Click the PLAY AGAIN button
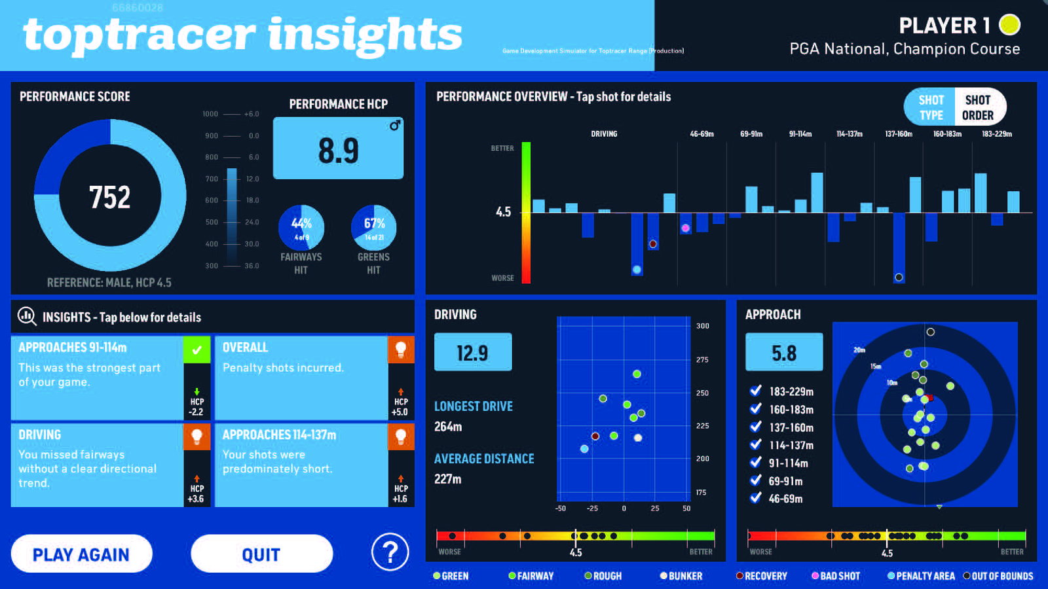[x=81, y=554]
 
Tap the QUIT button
[x=261, y=554]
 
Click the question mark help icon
[x=390, y=553]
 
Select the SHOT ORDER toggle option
[x=978, y=107]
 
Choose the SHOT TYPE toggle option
[x=931, y=107]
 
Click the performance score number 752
[x=110, y=197]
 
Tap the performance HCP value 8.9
[x=338, y=150]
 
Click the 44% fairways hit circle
[x=301, y=228]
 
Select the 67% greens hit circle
[x=374, y=228]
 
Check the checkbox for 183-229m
[x=756, y=391]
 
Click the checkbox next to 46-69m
[x=756, y=497]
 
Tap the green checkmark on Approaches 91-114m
[x=196, y=349]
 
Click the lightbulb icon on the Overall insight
[x=401, y=349]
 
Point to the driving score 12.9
[x=472, y=353]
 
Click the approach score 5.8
[x=784, y=353]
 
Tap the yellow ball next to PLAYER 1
[x=1009, y=25]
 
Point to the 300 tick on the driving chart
[x=702, y=326]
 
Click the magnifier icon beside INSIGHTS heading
[x=27, y=317]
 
